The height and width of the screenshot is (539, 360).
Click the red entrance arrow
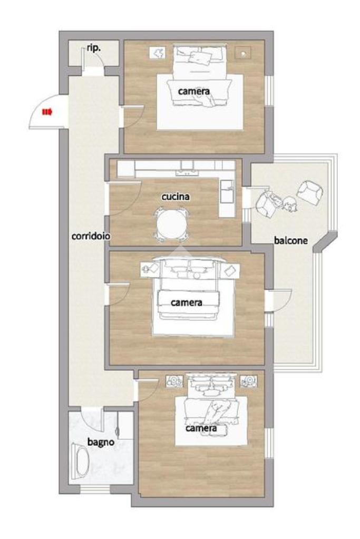(x=47, y=112)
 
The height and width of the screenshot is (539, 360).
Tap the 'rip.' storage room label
(x=94, y=48)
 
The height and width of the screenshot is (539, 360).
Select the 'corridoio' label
(x=91, y=236)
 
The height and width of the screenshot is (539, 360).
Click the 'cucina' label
(x=176, y=197)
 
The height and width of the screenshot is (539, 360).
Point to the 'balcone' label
(x=291, y=241)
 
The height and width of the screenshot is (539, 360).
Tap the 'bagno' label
(x=101, y=442)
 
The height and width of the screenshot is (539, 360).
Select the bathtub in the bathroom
(x=81, y=462)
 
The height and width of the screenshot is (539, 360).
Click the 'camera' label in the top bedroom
(x=194, y=92)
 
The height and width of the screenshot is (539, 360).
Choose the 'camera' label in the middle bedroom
(x=187, y=302)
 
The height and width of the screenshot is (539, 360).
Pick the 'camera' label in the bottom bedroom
(x=201, y=428)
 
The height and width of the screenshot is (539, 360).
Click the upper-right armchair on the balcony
(x=310, y=192)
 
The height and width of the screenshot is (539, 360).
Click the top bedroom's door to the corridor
(x=133, y=117)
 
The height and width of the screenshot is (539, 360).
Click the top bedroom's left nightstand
(x=158, y=53)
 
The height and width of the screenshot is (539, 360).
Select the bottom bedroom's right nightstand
(x=248, y=381)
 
